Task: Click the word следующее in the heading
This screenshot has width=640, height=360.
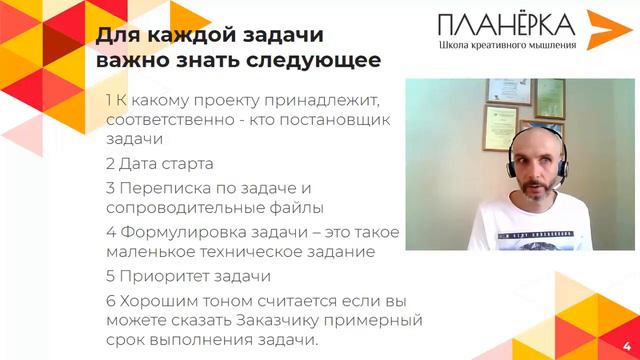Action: (321, 61)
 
